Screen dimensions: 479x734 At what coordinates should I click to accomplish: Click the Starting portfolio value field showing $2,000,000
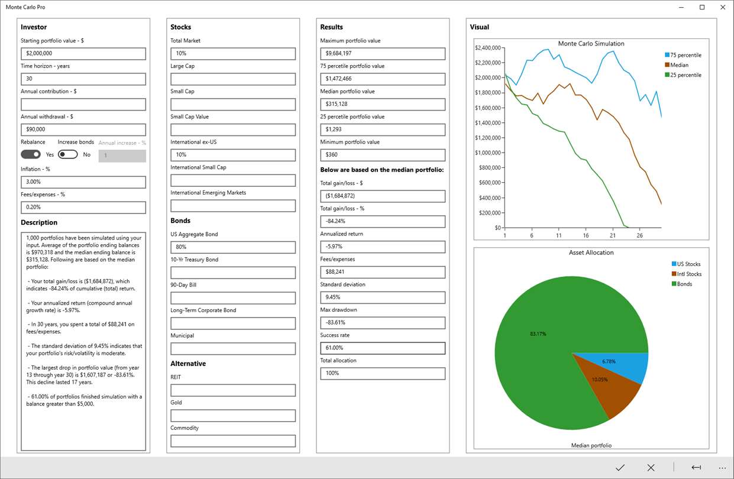pos(83,54)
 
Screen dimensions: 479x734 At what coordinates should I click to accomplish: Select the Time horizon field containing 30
pos(83,79)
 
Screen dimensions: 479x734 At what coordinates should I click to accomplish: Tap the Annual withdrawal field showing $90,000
pos(83,130)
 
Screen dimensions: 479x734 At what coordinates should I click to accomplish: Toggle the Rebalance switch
pos(31,154)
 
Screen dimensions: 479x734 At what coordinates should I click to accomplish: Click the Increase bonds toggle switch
pos(67,154)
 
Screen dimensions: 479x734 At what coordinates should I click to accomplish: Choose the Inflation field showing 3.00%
pos(83,182)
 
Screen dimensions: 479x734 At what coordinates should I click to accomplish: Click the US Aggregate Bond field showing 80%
pos(232,247)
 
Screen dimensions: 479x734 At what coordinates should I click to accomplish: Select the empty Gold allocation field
pos(232,416)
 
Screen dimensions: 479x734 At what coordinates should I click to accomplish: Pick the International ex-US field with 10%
pos(232,155)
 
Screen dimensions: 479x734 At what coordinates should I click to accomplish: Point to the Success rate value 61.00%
pos(382,348)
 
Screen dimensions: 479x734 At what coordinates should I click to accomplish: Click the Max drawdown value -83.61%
pos(382,323)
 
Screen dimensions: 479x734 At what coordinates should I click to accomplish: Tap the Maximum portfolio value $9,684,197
pos(382,54)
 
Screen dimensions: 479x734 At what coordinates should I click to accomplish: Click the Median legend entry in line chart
pos(680,65)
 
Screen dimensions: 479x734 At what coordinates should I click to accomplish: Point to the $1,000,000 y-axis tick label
pos(488,153)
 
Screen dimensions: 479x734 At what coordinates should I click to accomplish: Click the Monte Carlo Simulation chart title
pos(591,44)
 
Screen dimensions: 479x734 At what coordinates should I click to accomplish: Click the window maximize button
pos(702,7)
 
